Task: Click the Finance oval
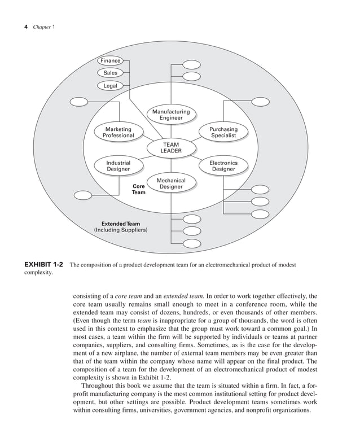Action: pyautogui.click(x=111, y=60)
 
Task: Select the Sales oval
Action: pyautogui.click(x=111, y=73)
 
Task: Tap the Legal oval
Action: pyautogui.click(x=111, y=85)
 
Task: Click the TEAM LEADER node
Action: pyautogui.click(x=170, y=148)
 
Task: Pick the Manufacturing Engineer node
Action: pyautogui.click(x=170, y=115)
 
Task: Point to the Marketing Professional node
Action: pyautogui.click(x=118, y=132)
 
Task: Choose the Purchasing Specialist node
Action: pyautogui.click(x=223, y=132)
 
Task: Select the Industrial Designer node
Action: pyautogui.click(x=118, y=165)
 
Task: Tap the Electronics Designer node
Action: pyautogui.click(x=223, y=165)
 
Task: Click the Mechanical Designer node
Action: pyautogui.click(x=170, y=183)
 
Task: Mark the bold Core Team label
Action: pyautogui.click(x=139, y=189)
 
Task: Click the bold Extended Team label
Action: pyautogui.click(x=121, y=224)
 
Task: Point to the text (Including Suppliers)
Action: pyautogui.click(x=121, y=230)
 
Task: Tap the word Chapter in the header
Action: pyautogui.click(x=41, y=27)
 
